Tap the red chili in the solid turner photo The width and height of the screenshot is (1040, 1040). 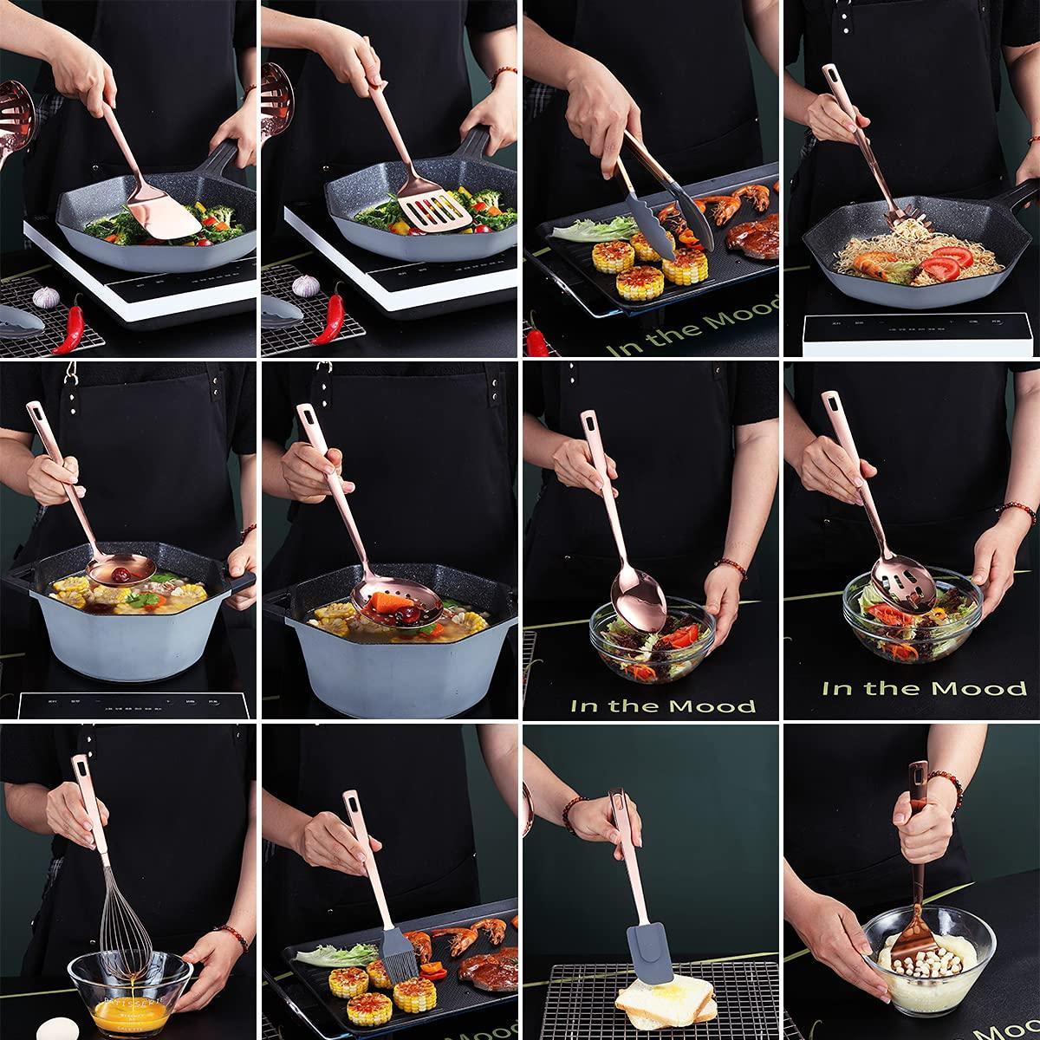click(73, 323)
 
